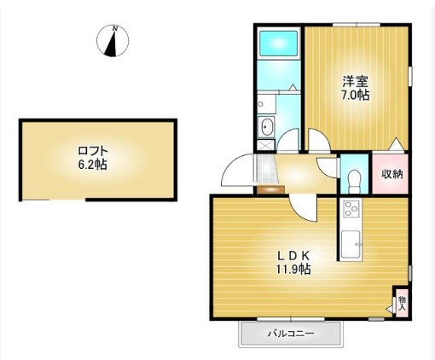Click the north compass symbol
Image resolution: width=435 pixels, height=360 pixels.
point(113,41)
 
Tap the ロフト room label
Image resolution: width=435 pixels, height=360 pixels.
point(93,151)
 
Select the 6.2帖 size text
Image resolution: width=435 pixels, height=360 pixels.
point(93,165)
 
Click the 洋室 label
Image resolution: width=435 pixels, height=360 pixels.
point(356,82)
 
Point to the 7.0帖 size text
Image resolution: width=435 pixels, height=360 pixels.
point(356,95)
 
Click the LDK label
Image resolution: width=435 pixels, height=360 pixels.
point(293,256)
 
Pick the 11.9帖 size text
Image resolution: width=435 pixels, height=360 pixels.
point(293,269)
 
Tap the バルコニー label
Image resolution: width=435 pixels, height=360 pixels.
point(291,333)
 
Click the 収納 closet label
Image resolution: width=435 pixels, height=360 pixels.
point(392,174)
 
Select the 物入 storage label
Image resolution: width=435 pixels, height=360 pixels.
point(402,303)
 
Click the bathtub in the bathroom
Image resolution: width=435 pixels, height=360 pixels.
point(279,44)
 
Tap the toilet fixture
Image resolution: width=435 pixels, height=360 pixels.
point(354,182)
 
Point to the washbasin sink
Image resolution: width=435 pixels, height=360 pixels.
point(267,127)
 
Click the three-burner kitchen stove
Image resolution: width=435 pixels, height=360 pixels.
point(352,208)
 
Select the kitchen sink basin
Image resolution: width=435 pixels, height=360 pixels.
point(351,244)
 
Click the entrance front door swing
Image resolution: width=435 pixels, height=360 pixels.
point(238,170)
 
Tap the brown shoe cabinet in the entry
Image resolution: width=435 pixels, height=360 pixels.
point(271,189)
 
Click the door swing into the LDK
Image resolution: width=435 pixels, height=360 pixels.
point(303,207)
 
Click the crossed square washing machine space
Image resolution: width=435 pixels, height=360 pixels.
point(266,145)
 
